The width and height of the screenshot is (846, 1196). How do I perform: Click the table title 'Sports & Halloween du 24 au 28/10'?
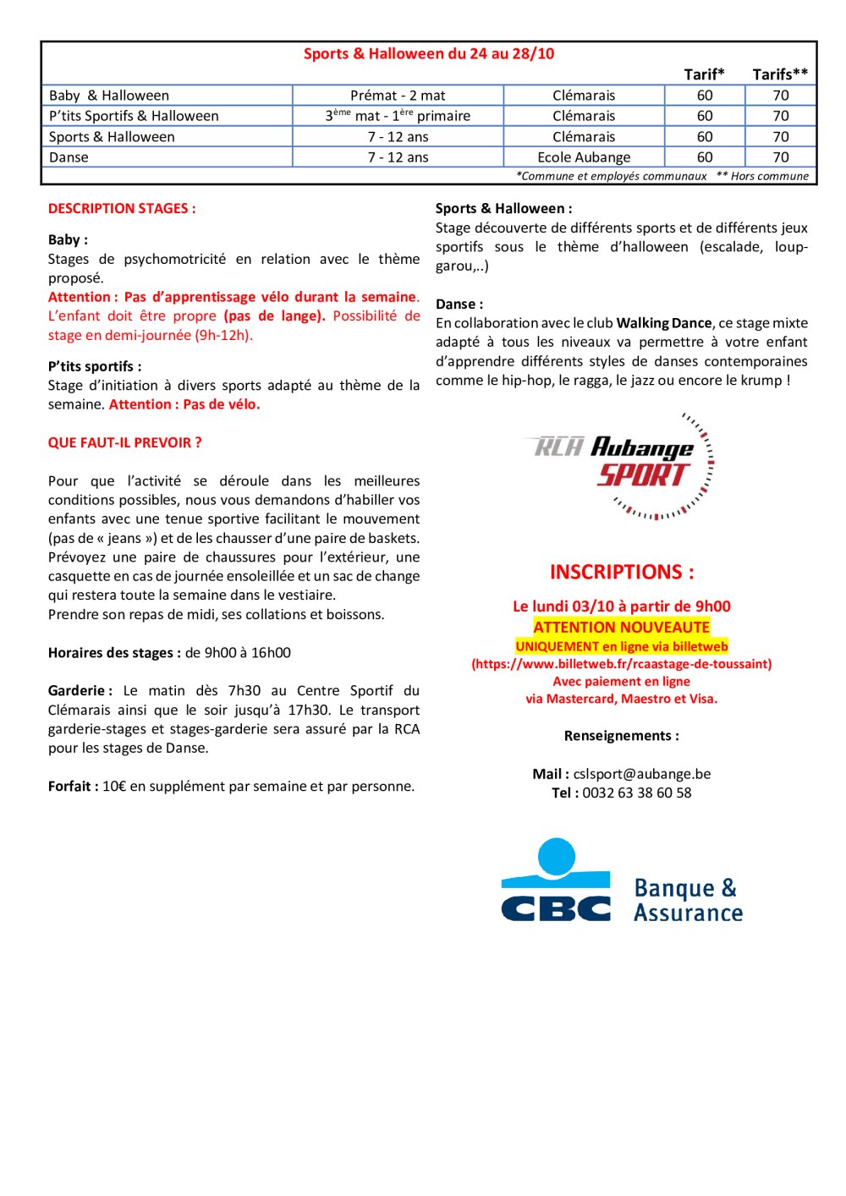click(x=429, y=54)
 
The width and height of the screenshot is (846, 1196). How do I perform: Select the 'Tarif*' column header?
click(x=704, y=74)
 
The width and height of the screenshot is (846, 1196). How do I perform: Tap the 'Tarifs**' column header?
click(x=780, y=74)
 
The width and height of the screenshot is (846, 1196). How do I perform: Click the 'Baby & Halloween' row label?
click(x=109, y=96)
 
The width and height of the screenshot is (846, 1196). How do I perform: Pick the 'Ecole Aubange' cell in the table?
click(x=584, y=157)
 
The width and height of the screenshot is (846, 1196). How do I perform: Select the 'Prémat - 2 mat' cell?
click(x=398, y=96)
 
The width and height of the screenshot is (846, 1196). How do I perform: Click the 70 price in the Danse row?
click(x=781, y=157)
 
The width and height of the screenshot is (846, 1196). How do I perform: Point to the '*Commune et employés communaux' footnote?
click(x=611, y=176)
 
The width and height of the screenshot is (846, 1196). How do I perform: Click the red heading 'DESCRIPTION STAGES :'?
click(x=122, y=208)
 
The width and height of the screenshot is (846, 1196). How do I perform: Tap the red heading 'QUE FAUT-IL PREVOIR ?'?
click(x=124, y=442)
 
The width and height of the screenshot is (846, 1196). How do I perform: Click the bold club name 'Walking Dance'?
click(x=664, y=323)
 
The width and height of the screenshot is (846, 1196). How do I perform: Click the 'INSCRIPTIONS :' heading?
click(x=622, y=573)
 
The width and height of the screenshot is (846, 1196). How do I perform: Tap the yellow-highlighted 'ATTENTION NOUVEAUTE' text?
click(x=622, y=628)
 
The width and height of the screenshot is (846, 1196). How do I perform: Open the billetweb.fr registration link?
click(x=622, y=664)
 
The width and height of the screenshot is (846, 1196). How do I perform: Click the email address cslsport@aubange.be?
click(x=642, y=774)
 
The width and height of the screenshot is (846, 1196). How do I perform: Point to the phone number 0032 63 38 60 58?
click(x=637, y=793)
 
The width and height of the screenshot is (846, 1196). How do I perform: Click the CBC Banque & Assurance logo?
click(x=622, y=881)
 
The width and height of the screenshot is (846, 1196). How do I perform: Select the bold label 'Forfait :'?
click(x=74, y=787)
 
